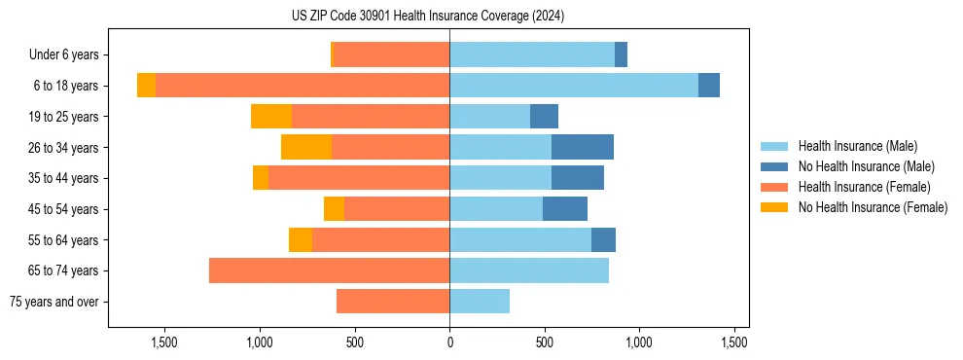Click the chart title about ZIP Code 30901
[428, 16]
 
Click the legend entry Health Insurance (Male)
[857, 146]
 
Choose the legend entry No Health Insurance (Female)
[873, 207]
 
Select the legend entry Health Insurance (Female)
[864, 187]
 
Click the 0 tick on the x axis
[449, 342]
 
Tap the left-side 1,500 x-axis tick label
[163, 342]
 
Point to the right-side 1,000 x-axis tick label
[639, 342]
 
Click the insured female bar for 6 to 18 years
[302, 86]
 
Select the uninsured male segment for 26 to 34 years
[583, 147]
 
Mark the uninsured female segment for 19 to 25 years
[271, 117]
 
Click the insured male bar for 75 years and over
[480, 302]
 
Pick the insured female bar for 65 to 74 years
[329, 270]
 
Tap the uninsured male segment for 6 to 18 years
[709, 86]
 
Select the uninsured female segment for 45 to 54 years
[334, 209]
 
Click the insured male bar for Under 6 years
[532, 54]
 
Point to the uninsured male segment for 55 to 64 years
[603, 239]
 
